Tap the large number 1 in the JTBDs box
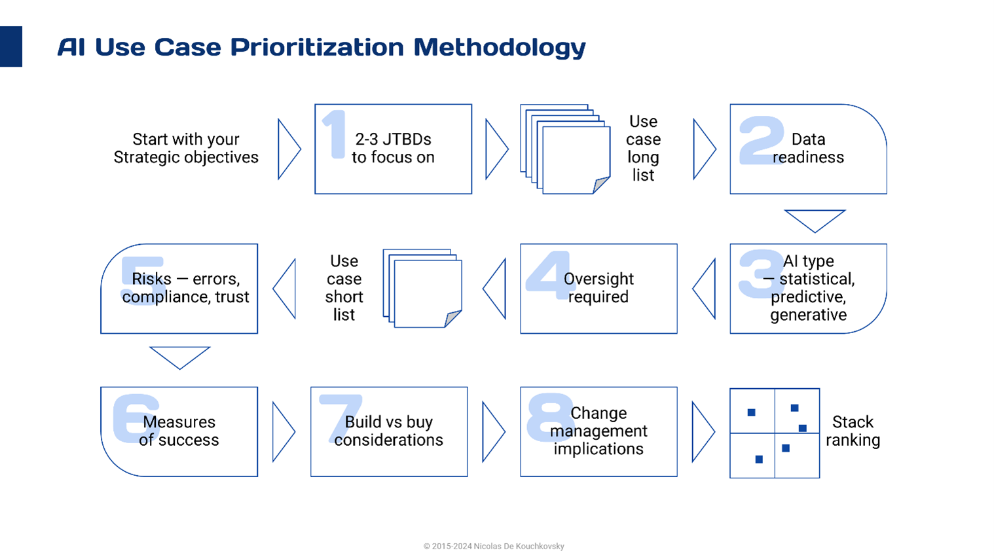[335, 134]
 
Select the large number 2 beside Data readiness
[761, 140]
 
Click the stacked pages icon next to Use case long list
[566, 149]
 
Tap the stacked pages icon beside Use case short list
[422, 288]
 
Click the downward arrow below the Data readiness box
[815, 220]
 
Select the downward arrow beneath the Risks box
[179, 357]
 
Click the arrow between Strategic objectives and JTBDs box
[288, 149]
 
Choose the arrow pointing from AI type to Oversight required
[705, 289]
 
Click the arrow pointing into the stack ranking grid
[703, 432]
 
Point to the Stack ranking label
[853, 431]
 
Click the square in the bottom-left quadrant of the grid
[759, 460]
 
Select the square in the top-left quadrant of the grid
[751, 412]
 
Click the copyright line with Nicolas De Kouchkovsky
[494, 546]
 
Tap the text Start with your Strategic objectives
[186, 149]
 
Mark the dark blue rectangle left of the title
[11, 46]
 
